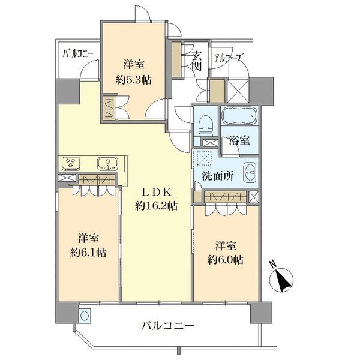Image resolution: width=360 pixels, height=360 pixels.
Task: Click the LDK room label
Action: pyautogui.click(x=157, y=193)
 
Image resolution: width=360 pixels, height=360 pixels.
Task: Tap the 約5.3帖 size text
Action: pyautogui.click(x=133, y=80)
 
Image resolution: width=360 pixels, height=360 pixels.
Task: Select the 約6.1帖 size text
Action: pyautogui.click(x=88, y=253)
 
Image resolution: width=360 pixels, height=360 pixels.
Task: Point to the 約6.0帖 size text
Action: pyautogui.click(x=226, y=260)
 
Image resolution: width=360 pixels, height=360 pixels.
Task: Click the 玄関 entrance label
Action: pyautogui.click(x=197, y=62)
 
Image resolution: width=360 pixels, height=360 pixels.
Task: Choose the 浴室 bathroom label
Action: pyautogui.click(x=239, y=140)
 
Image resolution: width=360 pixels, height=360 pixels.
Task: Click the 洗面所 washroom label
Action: pyautogui.click(x=218, y=176)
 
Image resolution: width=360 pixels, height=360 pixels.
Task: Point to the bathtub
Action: pyautogui.click(x=240, y=116)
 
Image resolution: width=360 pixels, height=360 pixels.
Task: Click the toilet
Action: pyautogui.click(x=206, y=125)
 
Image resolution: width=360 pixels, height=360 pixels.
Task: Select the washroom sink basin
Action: pyautogui.click(x=250, y=172)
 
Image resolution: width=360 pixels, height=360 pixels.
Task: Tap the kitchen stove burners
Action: pyautogui.click(x=71, y=164)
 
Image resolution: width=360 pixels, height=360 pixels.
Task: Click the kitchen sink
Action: pyautogui.click(x=107, y=164)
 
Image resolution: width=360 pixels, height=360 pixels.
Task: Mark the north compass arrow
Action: pyautogui.click(x=282, y=280)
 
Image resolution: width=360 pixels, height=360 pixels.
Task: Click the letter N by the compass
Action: pyautogui.click(x=273, y=264)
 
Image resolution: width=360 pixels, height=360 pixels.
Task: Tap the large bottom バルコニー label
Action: pyautogui.click(x=167, y=326)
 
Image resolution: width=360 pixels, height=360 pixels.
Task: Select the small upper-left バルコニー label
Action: pyautogui.click(x=78, y=54)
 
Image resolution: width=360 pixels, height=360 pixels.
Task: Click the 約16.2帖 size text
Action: pyautogui.click(x=157, y=206)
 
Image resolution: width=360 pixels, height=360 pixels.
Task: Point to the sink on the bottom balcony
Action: pyautogui.click(x=85, y=316)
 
